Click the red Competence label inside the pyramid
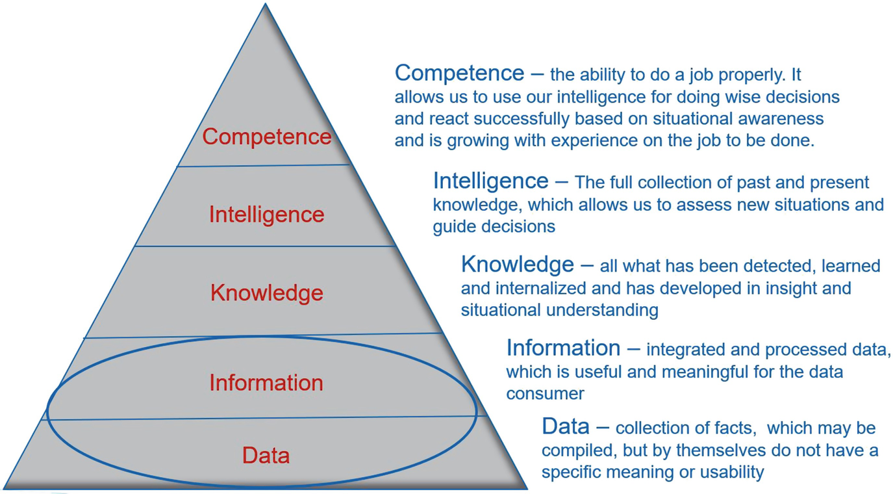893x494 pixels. [x=266, y=137]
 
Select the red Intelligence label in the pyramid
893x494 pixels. [x=266, y=214]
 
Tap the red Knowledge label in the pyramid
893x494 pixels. [x=266, y=293]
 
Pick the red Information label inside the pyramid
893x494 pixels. [x=266, y=382]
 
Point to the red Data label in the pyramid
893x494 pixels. [x=266, y=455]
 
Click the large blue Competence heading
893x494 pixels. [x=459, y=73]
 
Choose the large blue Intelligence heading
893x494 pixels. [x=490, y=180]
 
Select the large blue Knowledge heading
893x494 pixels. [x=517, y=265]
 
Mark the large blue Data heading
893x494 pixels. [x=565, y=426]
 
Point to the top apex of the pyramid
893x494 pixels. [x=265, y=5]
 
